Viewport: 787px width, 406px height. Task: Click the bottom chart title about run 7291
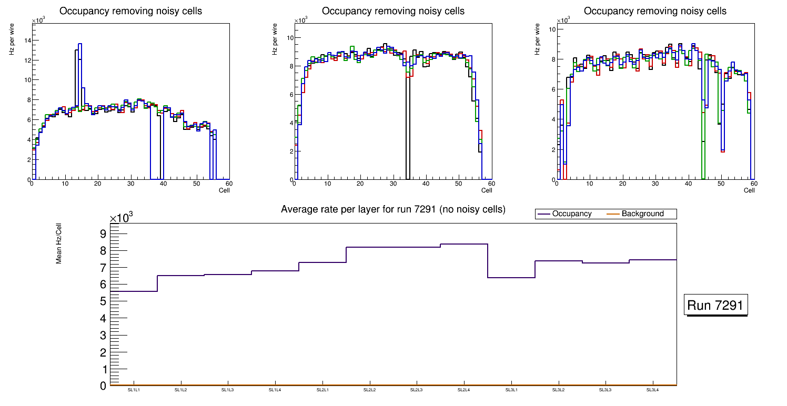[x=393, y=209]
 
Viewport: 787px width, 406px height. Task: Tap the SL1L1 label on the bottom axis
[x=134, y=390]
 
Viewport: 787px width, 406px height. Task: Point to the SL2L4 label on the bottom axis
[x=464, y=390]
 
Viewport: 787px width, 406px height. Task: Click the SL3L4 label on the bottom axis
[x=653, y=390]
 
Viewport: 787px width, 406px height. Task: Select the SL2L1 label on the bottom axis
[x=322, y=390]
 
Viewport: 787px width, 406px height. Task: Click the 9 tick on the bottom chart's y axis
[x=103, y=234]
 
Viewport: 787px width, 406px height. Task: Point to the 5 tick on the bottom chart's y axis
[x=103, y=301]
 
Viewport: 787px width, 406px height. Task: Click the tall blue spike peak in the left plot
[x=80, y=44]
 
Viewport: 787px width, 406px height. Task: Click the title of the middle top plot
[x=393, y=11]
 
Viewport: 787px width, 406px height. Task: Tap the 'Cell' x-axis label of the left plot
[x=224, y=190]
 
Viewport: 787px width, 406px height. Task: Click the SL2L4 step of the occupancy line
[x=464, y=244]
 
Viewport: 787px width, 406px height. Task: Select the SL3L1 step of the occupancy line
[x=511, y=278]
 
